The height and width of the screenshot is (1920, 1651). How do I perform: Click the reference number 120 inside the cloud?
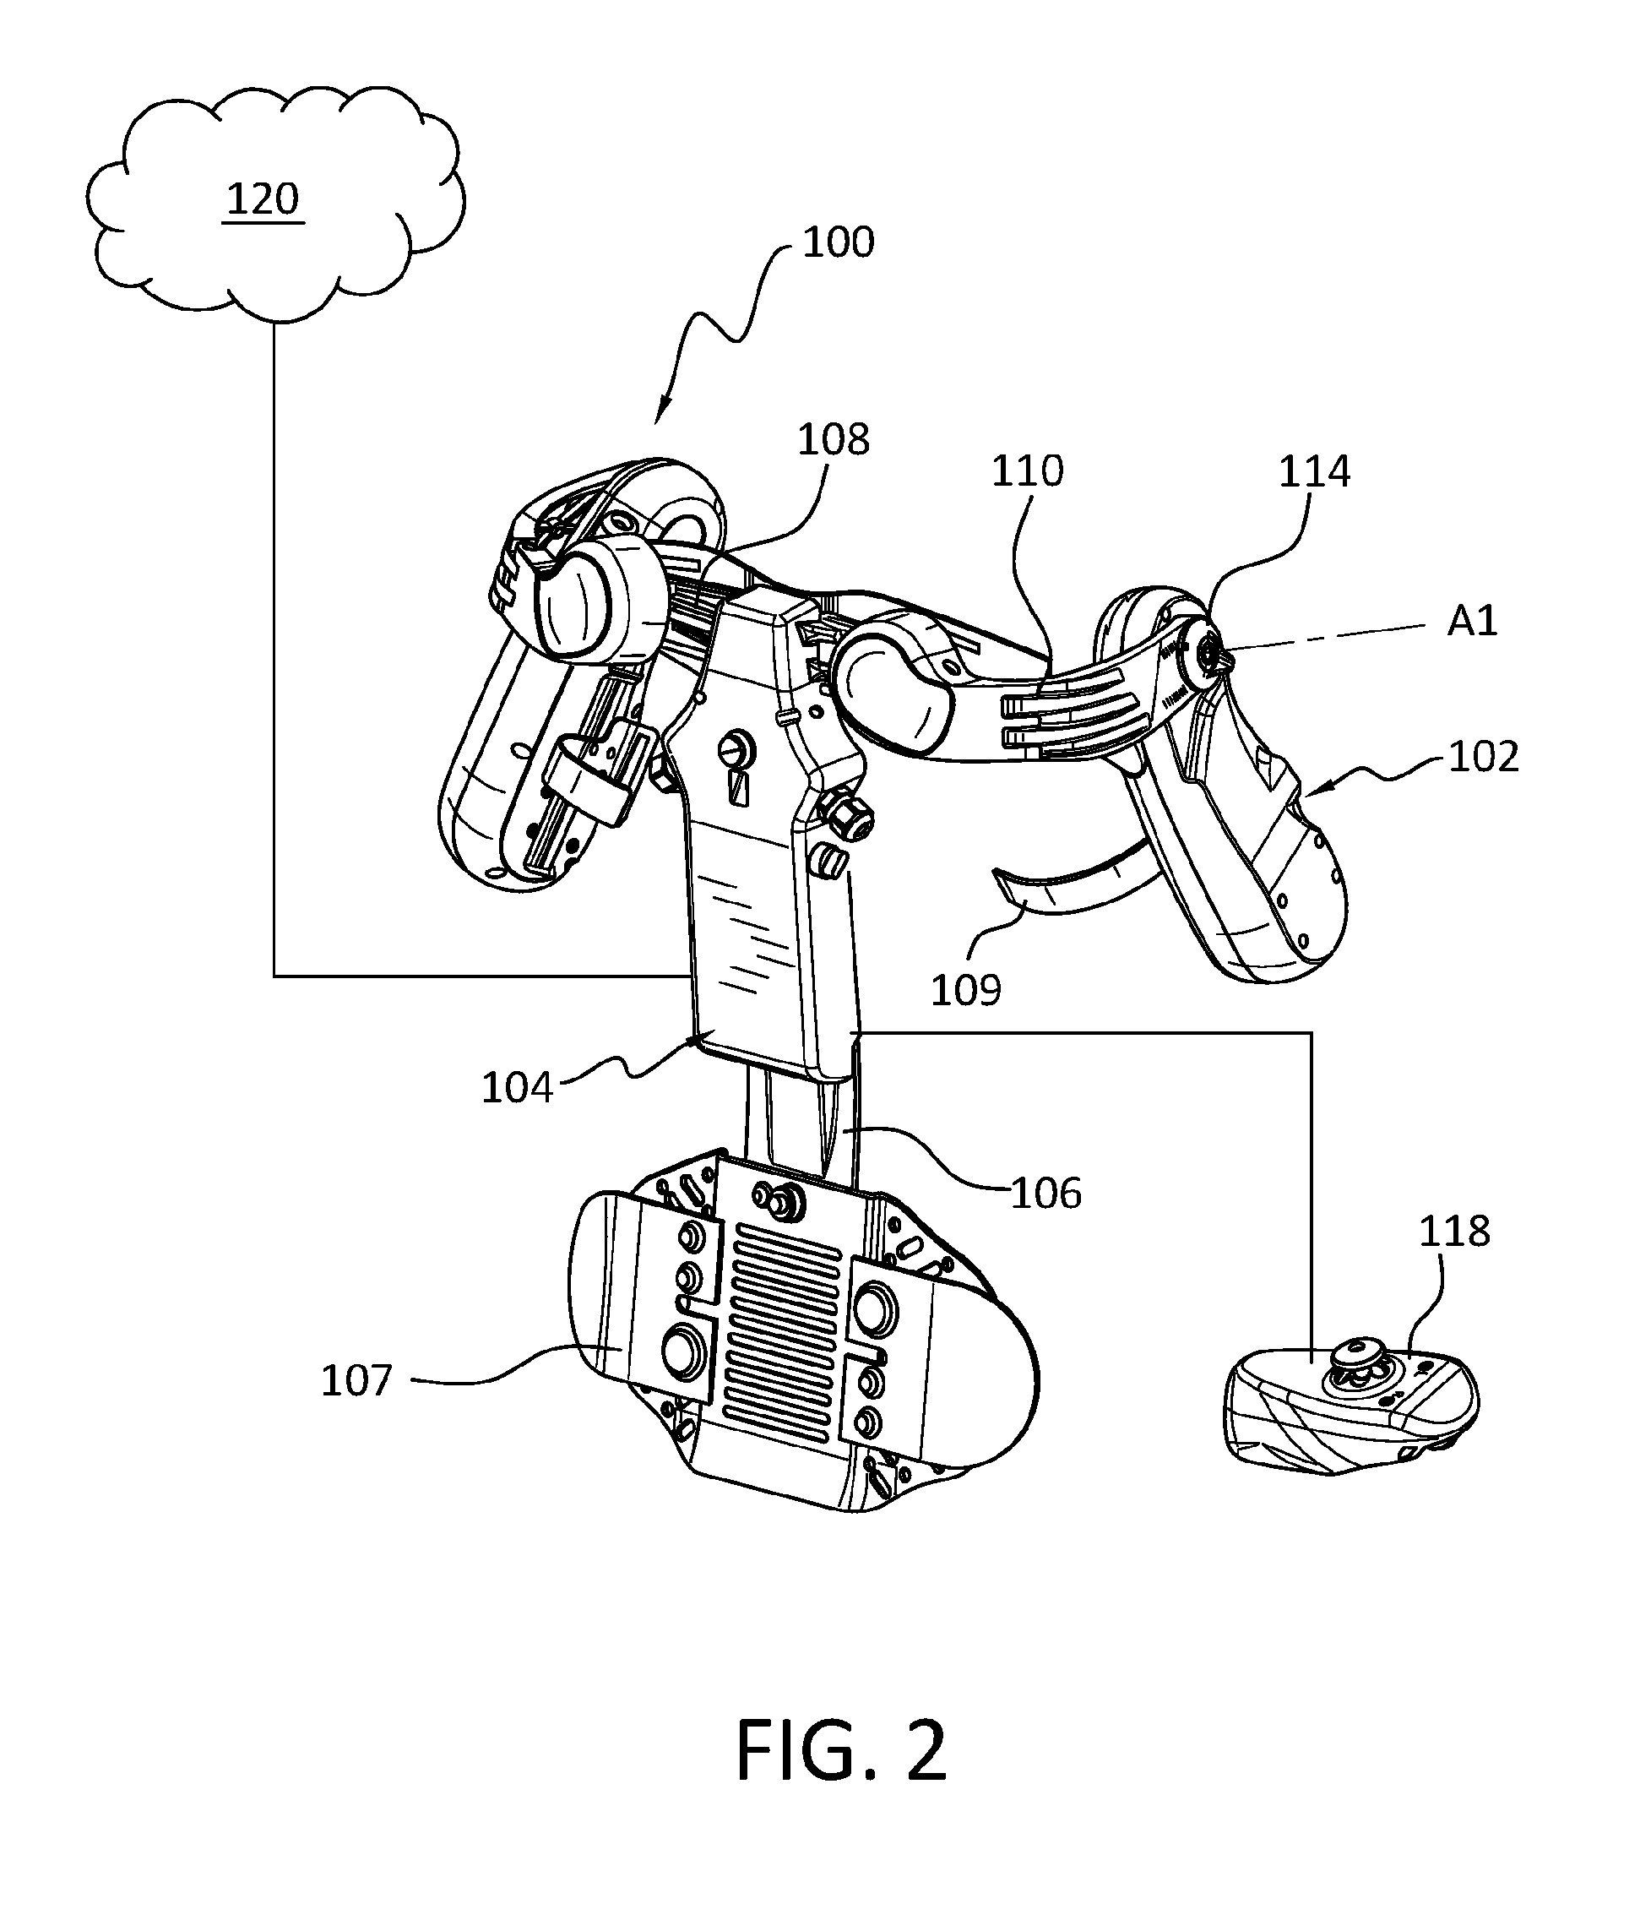coord(263,199)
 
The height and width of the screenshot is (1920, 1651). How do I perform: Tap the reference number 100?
coord(839,242)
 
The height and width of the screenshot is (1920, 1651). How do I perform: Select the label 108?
coord(834,439)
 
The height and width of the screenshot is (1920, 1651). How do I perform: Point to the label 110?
coord(1028,470)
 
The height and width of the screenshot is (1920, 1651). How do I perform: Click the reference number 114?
coord(1315,471)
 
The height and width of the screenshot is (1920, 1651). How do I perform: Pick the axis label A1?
coord(1472,621)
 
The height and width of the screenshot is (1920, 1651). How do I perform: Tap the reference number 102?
coord(1483,757)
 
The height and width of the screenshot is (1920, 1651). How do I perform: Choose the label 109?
coord(966,991)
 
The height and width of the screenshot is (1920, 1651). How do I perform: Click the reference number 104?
coord(517,1088)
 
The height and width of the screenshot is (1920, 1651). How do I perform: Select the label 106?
coord(1046,1194)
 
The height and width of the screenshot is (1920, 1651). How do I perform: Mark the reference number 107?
coord(356,1381)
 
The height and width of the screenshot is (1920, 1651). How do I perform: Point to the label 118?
coord(1454,1232)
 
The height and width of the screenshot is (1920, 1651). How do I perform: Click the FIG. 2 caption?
coord(841,1750)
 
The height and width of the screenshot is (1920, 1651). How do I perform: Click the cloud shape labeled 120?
coord(275,204)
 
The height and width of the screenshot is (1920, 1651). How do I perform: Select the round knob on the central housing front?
coord(738,749)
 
